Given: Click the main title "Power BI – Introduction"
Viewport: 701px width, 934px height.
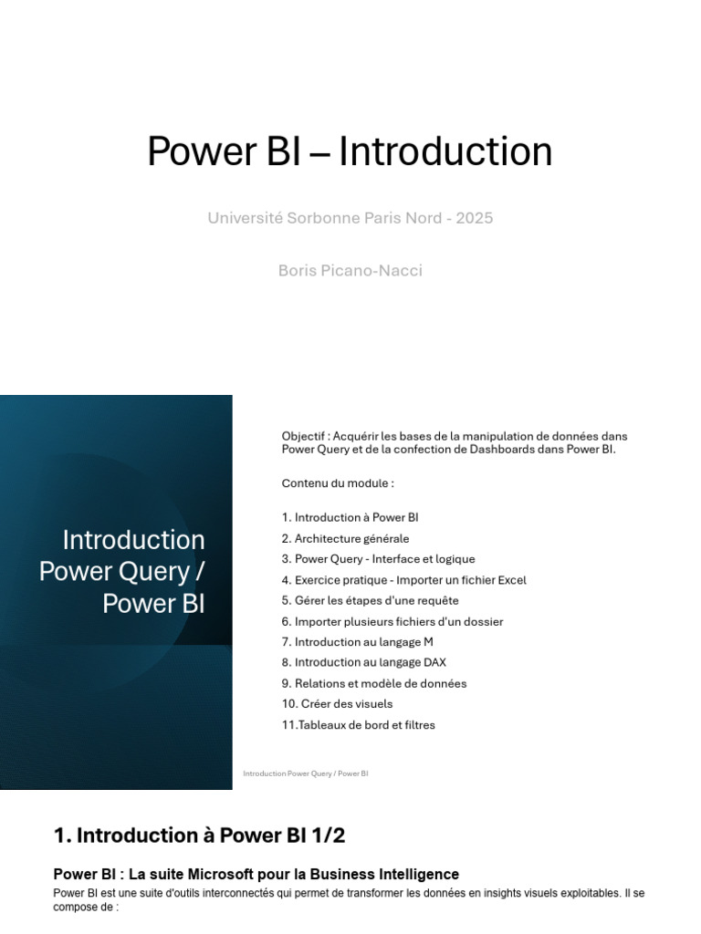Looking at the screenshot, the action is click(350, 151).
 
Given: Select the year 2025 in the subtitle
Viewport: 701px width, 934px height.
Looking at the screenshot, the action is click(475, 218).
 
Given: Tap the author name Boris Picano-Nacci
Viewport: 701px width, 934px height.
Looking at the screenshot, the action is click(350, 270).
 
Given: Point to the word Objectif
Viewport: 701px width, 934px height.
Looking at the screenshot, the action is click(303, 437).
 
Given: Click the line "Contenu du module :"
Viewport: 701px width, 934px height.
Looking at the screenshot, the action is click(338, 483).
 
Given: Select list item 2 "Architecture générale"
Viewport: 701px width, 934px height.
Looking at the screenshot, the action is click(346, 538).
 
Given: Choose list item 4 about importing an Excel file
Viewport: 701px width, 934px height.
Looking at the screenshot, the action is click(404, 580).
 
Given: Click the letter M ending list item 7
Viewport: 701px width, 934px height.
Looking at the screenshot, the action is click(428, 642).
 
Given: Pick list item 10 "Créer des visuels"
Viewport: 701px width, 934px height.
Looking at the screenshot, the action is click(338, 704).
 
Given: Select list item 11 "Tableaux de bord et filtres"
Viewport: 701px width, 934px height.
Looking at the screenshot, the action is click(358, 725).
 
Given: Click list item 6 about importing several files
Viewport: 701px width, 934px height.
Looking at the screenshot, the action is click(392, 622).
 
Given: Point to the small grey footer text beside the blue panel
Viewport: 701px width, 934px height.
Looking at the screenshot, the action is click(306, 773).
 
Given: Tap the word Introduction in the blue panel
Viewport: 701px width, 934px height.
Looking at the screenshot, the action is click(133, 540).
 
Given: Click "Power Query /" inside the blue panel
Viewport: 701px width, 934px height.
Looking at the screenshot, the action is click(122, 572).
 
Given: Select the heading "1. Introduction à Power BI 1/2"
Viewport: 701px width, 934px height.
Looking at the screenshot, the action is click(200, 835).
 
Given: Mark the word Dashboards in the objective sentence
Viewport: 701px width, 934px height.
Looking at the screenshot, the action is click(502, 450).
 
